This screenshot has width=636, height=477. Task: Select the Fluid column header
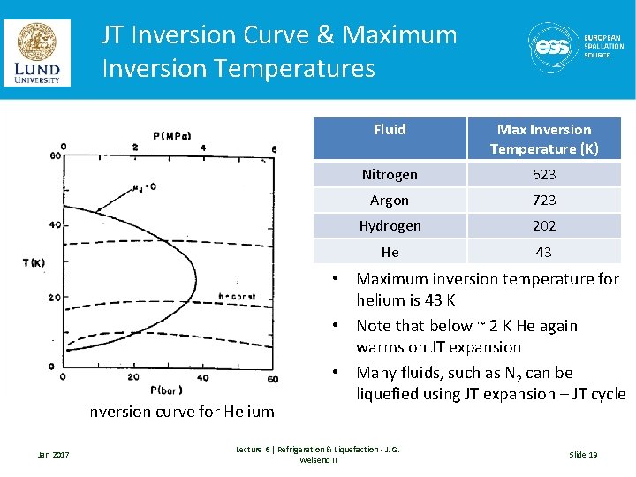(390, 130)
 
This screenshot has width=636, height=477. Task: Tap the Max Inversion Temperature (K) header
(544, 139)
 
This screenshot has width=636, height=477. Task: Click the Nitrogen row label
(390, 175)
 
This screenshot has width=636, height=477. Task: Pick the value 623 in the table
(544, 175)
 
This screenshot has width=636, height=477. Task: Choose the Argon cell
(390, 201)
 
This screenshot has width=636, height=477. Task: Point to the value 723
(544, 201)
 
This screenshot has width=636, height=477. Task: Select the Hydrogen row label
(390, 226)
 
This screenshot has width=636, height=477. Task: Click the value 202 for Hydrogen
(544, 226)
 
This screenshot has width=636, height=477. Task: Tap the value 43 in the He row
(544, 252)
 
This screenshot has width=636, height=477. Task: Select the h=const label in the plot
(237, 297)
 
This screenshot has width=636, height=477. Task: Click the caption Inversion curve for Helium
(179, 411)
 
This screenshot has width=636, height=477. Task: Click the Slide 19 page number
(583, 454)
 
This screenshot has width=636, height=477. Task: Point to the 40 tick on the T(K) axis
(53, 225)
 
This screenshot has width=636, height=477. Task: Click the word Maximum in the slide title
(400, 35)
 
